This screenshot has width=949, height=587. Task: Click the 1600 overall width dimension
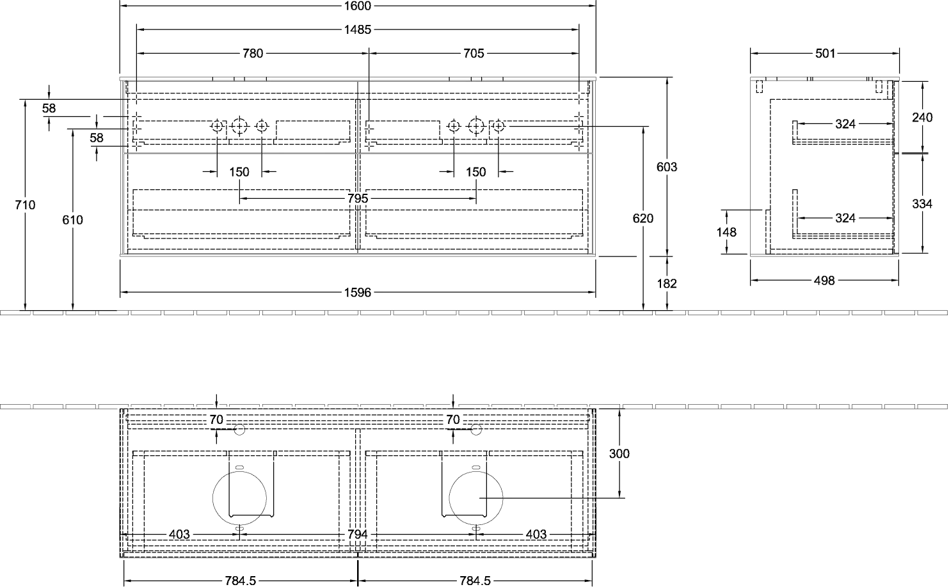(x=358, y=6)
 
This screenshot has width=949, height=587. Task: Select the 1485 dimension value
(x=358, y=29)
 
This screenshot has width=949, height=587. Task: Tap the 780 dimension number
(x=253, y=53)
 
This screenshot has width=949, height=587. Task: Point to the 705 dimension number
(x=474, y=53)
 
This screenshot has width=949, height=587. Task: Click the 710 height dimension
(x=25, y=205)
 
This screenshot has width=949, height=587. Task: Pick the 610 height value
(x=72, y=220)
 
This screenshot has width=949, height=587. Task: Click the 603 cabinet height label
(x=667, y=167)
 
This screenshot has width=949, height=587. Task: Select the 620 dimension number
(x=643, y=219)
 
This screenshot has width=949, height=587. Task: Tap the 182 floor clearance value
(x=667, y=283)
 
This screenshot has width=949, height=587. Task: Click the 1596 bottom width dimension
(x=358, y=292)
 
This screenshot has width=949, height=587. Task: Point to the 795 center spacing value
(x=358, y=198)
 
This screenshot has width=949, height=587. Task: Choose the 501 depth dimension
(x=825, y=53)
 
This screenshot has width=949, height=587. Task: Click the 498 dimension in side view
(x=824, y=281)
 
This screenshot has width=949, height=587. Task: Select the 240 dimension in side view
(x=922, y=117)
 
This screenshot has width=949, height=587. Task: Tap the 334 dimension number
(x=922, y=204)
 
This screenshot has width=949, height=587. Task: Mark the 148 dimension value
(x=726, y=232)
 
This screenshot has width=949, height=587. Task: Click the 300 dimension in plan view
(x=619, y=454)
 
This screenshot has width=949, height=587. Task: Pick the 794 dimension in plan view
(x=358, y=535)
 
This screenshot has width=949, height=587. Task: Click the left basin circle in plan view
(x=212, y=499)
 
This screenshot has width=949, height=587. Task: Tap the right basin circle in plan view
(x=449, y=499)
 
